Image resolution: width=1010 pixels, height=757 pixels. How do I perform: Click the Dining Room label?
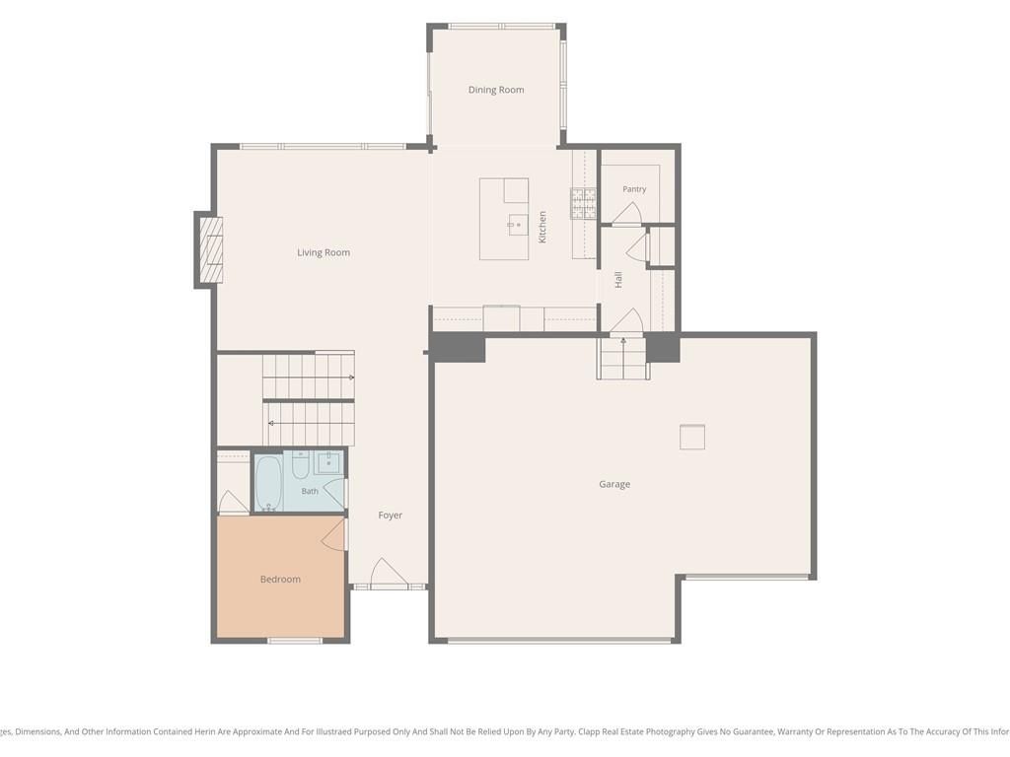click(x=496, y=90)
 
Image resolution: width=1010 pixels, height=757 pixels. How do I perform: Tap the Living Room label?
click(x=324, y=252)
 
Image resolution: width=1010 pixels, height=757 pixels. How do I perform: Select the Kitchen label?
click(x=542, y=228)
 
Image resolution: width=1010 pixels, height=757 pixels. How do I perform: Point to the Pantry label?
click(x=634, y=189)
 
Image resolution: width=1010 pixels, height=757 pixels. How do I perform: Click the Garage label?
click(x=614, y=485)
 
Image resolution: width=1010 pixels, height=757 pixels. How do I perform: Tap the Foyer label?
click(x=391, y=515)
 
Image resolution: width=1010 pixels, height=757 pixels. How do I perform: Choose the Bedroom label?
click(x=280, y=580)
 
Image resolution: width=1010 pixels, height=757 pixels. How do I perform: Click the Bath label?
click(x=310, y=491)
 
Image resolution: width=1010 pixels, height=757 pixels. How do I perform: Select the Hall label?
click(x=618, y=279)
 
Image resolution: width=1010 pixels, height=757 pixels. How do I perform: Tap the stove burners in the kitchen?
click(x=584, y=203)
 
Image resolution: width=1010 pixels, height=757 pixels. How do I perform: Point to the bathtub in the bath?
click(x=268, y=483)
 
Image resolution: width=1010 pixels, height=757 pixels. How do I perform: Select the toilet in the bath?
click(x=300, y=465)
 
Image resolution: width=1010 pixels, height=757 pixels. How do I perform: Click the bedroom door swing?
click(x=333, y=534)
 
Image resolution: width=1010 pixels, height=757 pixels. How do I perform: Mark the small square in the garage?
click(x=692, y=437)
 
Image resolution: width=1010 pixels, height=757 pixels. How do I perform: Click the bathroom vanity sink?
click(x=329, y=463)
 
